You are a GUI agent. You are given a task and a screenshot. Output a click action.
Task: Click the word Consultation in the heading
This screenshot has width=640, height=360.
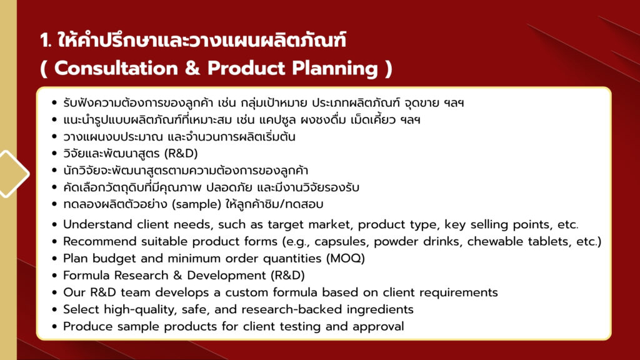pyautogui.click(x=116, y=68)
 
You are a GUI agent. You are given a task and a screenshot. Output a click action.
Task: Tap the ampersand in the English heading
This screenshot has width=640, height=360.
pyautogui.click(x=192, y=68)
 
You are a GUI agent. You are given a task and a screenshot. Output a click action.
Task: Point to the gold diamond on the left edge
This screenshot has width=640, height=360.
pyautogui.click(x=12, y=174)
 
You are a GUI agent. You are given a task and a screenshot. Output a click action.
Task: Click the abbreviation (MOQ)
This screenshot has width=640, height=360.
pyautogui.click(x=345, y=258)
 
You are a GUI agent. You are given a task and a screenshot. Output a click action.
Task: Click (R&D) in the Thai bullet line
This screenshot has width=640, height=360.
pyautogui.click(x=181, y=154)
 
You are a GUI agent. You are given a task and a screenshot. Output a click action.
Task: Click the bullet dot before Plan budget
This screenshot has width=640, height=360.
pyautogui.click(x=55, y=259)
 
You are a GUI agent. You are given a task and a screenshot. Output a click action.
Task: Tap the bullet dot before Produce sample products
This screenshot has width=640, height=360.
pyautogui.click(x=55, y=326)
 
